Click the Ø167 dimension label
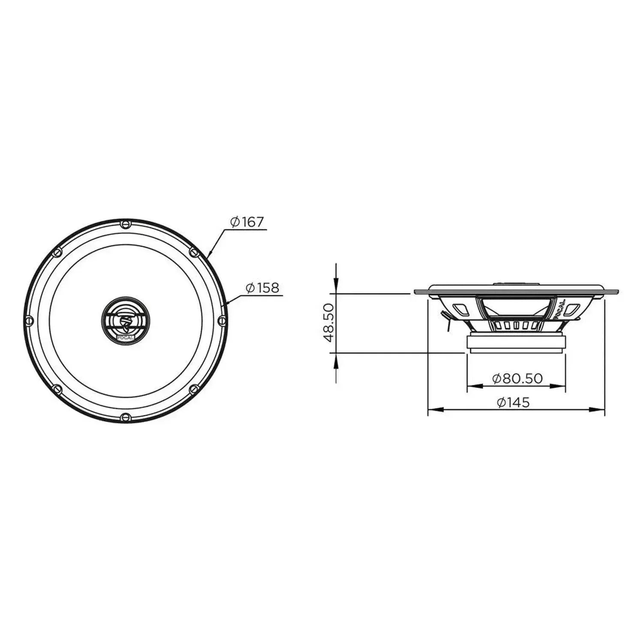pyautogui.click(x=247, y=222)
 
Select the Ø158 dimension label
pyautogui.click(x=262, y=288)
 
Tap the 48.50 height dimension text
pyautogui.click(x=328, y=322)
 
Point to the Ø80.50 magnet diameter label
pyautogui.click(x=517, y=378)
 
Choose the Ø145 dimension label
pyautogui.click(x=513, y=402)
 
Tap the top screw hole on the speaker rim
pyautogui.click(x=125, y=223)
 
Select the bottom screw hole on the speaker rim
pyautogui.click(x=125, y=416)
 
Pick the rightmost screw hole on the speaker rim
pyautogui.click(x=221, y=320)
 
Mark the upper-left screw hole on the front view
pyautogui.click(x=57, y=252)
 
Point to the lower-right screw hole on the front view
pyautogui.click(x=193, y=388)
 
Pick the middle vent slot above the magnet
pyautogui.click(x=516, y=326)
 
